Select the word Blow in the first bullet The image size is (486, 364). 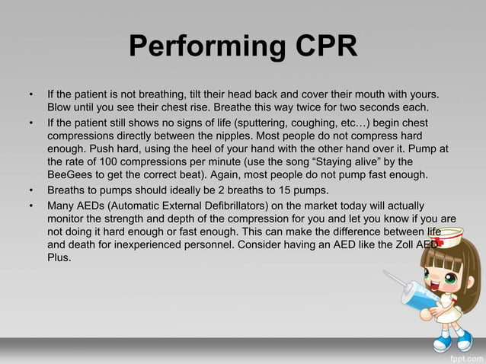[x=60, y=108]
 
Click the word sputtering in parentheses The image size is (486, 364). [x=271, y=122]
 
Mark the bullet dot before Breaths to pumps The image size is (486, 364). [x=31, y=190]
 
